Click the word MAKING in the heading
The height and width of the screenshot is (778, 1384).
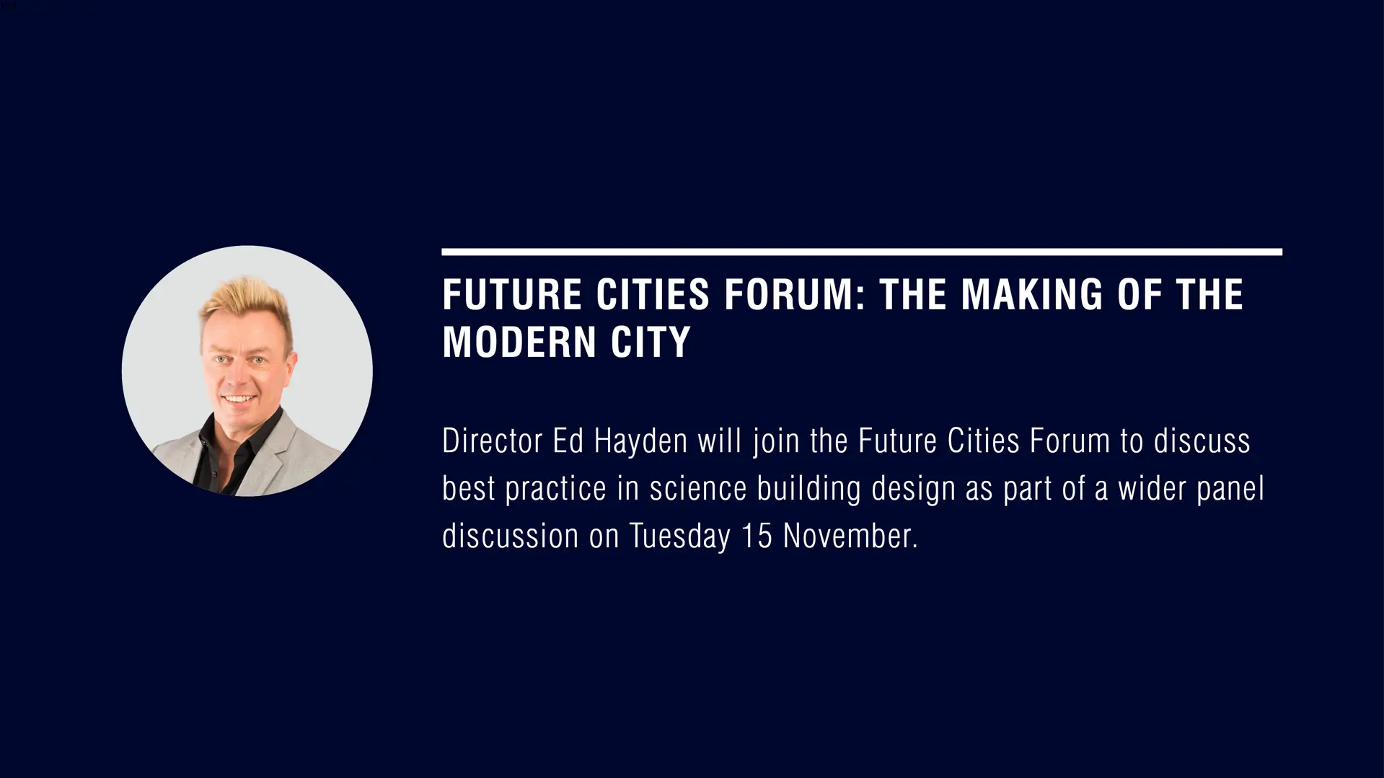click(1032, 294)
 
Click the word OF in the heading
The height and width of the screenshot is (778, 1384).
click(1140, 294)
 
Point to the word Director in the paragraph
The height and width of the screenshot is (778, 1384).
click(492, 441)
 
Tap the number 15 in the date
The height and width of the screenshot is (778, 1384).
click(757, 536)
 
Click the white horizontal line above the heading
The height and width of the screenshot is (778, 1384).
click(862, 252)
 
